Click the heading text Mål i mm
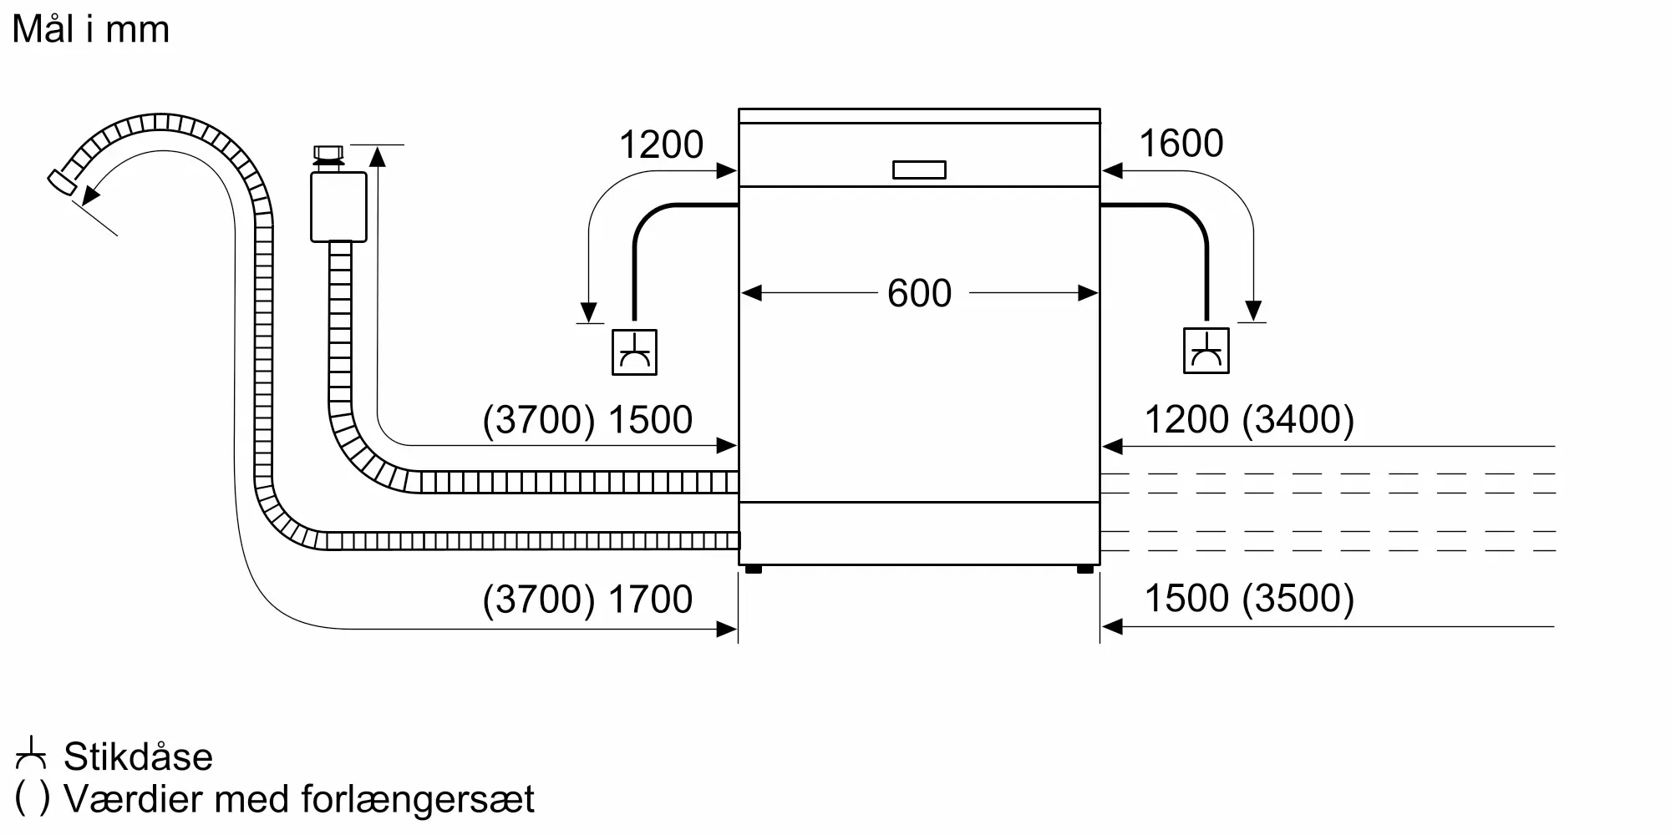tap(91, 30)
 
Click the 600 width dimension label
tap(919, 293)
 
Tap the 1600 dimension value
tap(1181, 144)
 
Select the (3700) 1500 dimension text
tap(587, 419)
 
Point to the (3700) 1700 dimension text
tap(587, 599)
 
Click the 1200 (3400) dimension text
tap(1248, 419)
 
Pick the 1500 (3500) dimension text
tap(1248, 598)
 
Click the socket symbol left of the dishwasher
tap(634, 352)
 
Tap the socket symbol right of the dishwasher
tap(1206, 351)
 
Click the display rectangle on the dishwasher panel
tap(919, 170)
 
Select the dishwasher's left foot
tap(753, 569)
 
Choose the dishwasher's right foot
tap(1085, 569)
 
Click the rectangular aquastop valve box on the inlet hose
tap(338, 207)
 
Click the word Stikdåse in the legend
tap(138, 757)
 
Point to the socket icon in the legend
tap(31, 754)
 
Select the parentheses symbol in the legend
tap(32, 798)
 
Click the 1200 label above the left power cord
tap(661, 144)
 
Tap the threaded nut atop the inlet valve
tap(328, 154)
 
